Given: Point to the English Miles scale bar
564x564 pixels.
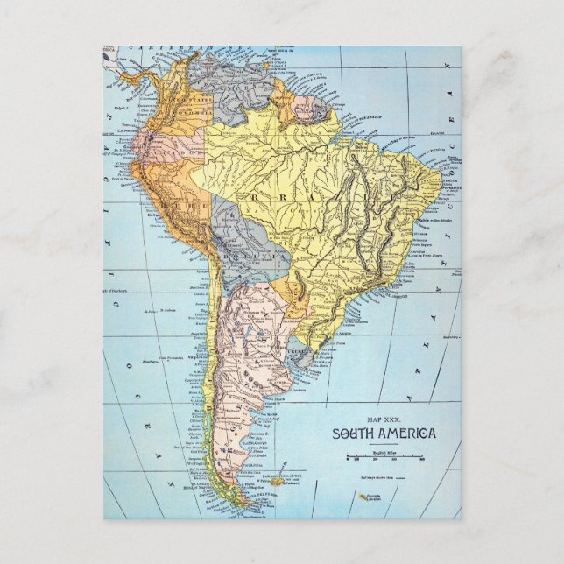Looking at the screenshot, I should pyautogui.click(x=385, y=457).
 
